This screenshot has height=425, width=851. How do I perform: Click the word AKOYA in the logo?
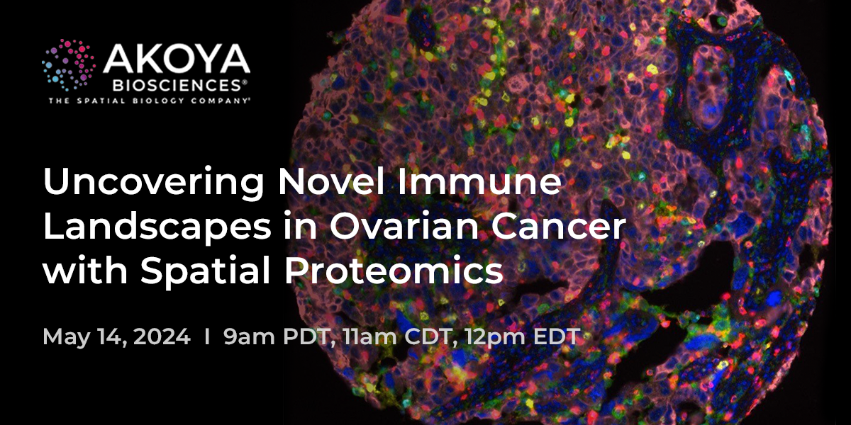click(x=177, y=59)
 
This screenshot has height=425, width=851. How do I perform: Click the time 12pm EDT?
click(x=523, y=336)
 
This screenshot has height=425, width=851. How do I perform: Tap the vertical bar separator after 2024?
click(x=206, y=336)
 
